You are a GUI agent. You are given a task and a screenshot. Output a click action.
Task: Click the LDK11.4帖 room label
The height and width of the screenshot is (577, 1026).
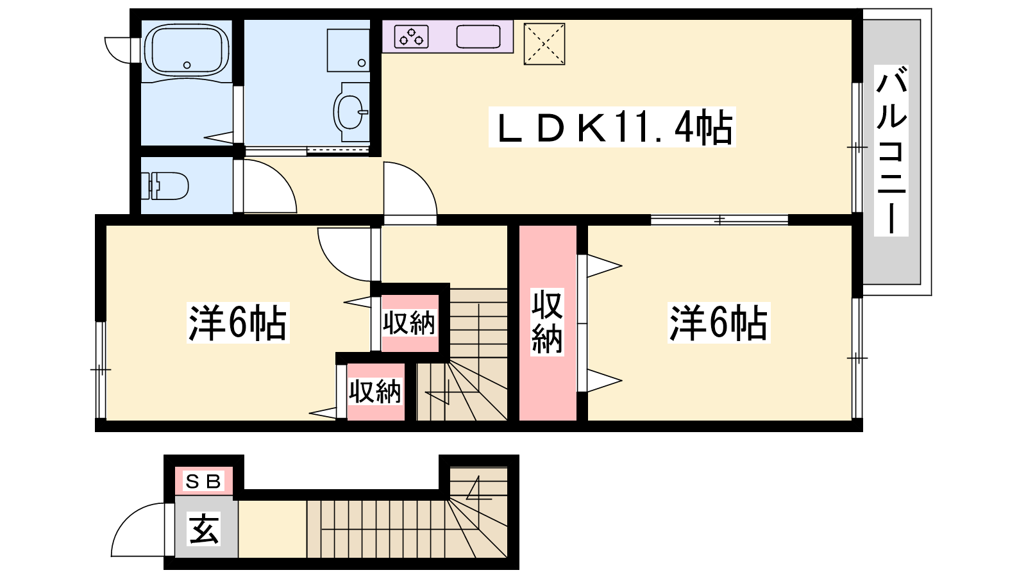[612, 127]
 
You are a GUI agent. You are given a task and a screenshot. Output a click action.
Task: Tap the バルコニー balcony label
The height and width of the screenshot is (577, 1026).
[891, 151]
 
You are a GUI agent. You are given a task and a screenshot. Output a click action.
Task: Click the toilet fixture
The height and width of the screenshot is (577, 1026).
[165, 186]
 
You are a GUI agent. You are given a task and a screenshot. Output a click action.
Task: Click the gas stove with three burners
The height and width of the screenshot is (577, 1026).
[411, 37]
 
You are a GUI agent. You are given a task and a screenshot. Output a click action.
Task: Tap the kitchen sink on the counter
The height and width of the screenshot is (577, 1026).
[478, 37]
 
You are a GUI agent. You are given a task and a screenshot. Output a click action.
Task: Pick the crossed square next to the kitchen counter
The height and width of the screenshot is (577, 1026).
[544, 44]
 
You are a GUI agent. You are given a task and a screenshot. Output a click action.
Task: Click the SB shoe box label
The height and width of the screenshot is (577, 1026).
[203, 481]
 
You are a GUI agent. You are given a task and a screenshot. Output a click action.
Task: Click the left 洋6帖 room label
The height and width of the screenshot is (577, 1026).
[238, 322]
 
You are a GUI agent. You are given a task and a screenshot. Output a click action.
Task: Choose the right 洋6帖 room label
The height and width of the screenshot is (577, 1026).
[719, 322]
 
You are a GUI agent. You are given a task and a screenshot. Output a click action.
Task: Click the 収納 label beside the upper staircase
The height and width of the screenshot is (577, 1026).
[409, 323]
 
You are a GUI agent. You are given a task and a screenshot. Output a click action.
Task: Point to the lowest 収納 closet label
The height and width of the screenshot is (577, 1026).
[375, 391]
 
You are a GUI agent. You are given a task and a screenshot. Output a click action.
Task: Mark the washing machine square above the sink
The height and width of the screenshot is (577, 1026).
[348, 51]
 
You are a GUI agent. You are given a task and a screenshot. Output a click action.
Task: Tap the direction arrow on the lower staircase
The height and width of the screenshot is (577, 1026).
[478, 488]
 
